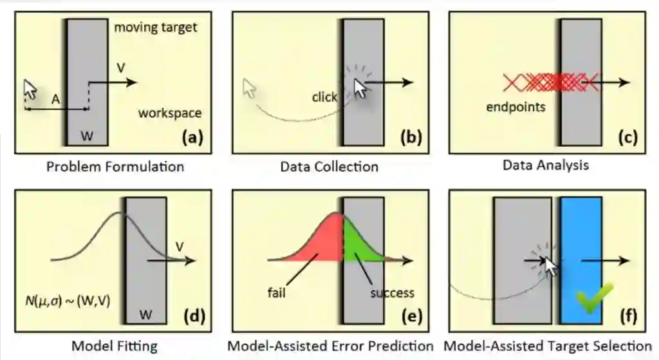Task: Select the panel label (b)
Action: (x=410, y=137)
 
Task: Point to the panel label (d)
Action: (x=194, y=316)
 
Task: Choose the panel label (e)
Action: (x=410, y=316)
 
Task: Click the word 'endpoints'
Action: (x=516, y=107)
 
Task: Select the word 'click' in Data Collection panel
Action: (x=324, y=97)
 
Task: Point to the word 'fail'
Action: (x=277, y=293)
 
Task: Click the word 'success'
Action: (x=392, y=293)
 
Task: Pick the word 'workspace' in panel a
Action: (x=170, y=113)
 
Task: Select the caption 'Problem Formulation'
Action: (x=115, y=167)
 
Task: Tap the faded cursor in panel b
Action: (x=250, y=88)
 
